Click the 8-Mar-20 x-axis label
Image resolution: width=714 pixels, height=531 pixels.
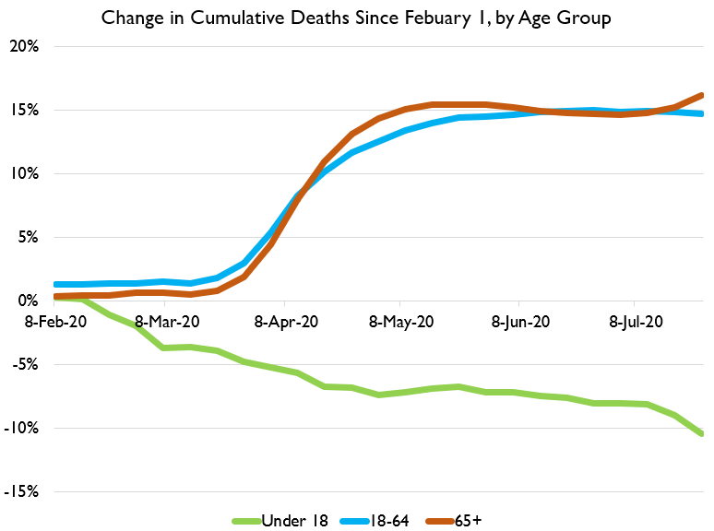[x=167, y=322]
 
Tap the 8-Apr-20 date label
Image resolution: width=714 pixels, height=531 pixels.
[x=287, y=322]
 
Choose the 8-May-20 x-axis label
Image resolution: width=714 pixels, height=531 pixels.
[x=401, y=322]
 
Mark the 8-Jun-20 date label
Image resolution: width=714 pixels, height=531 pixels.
[x=519, y=322]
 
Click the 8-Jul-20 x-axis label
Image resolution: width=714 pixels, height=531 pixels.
[x=635, y=322]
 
